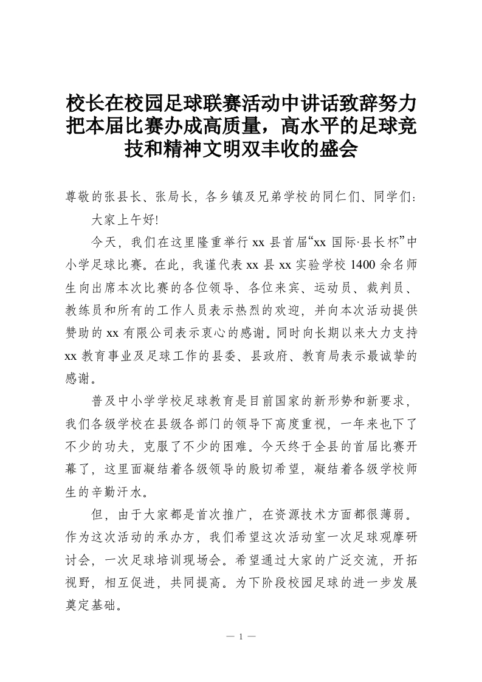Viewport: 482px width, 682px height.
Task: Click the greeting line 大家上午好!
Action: tap(125, 219)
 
